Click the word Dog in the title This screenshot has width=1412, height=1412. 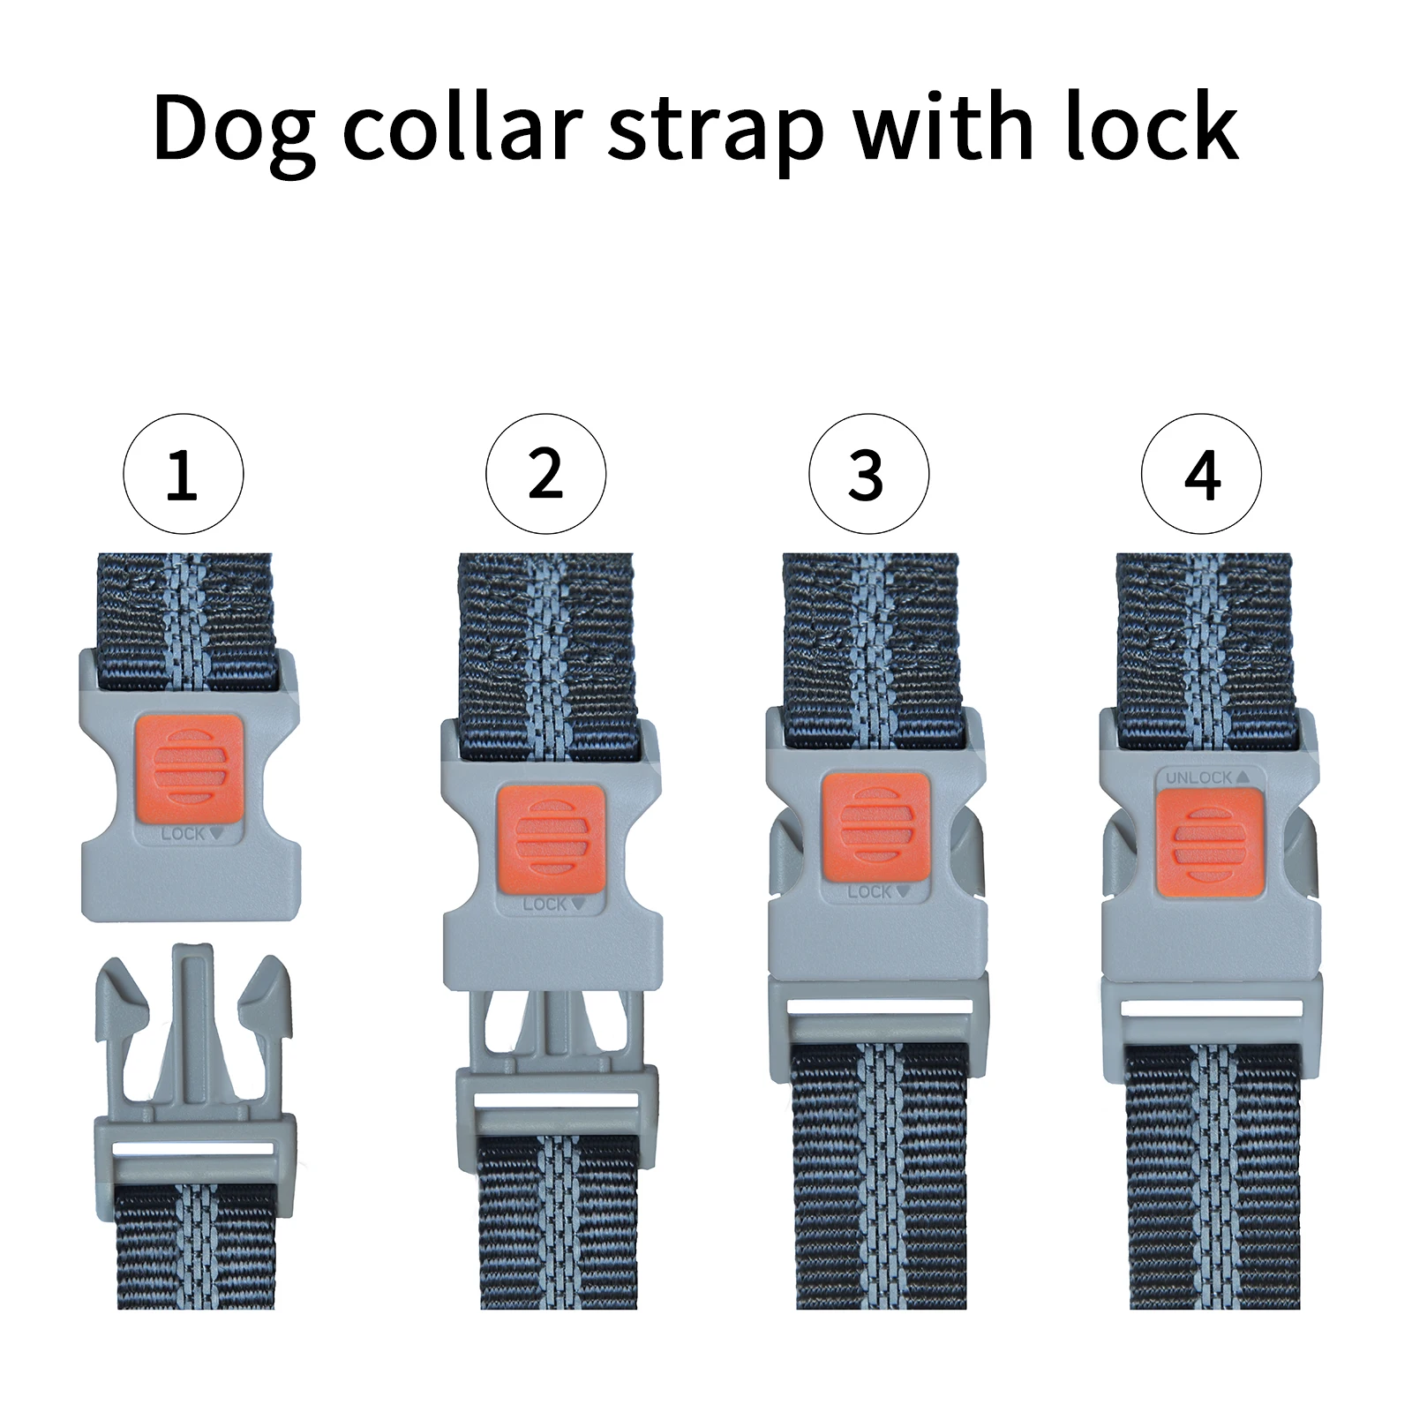click(x=233, y=129)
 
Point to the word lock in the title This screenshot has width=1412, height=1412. click(x=1151, y=127)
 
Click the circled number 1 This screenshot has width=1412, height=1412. click(x=183, y=474)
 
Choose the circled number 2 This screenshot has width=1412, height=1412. click(x=545, y=474)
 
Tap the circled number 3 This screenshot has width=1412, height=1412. click(x=868, y=474)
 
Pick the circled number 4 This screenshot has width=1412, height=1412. click(x=1201, y=474)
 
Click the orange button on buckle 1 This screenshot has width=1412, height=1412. click(x=189, y=767)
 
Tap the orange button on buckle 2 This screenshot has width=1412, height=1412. click(x=551, y=837)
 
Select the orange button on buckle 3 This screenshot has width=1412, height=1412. click(x=875, y=827)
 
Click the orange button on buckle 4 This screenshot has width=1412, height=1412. click(x=1209, y=843)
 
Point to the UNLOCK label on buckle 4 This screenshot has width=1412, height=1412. click(x=1206, y=777)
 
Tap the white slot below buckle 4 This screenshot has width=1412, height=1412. click(x=1212, y=1009)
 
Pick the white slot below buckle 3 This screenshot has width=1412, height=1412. click(x=878, y=1007)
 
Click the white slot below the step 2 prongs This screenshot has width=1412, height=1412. click(x=557, y=1100)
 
